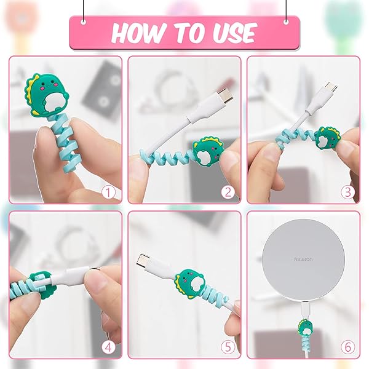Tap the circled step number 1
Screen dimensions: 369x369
pyautogui.click(x=109, y=192)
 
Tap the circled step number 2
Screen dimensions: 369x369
pyautogui.click(x=228, y=192)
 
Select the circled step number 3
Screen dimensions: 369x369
pyautogui.click(x=347, y=192)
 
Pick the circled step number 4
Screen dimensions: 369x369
pyautogui.click(x=109, y=347)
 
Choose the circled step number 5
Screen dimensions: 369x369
pyautogui.click(x=228, y=347)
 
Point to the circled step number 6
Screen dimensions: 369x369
pyautogui.click(x=347, y=347)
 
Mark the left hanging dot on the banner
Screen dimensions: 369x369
pyautogui.click(x=84, y=21)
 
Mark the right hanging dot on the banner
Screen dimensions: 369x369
pyautogui.click(x=286, y=21)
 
